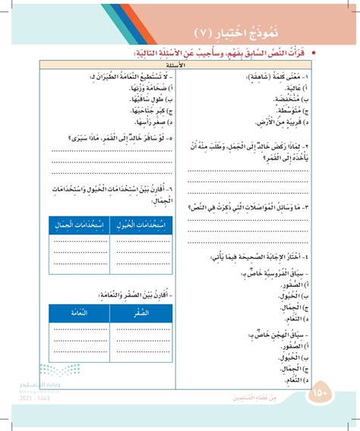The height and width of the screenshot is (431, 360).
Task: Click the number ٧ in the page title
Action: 203,33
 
